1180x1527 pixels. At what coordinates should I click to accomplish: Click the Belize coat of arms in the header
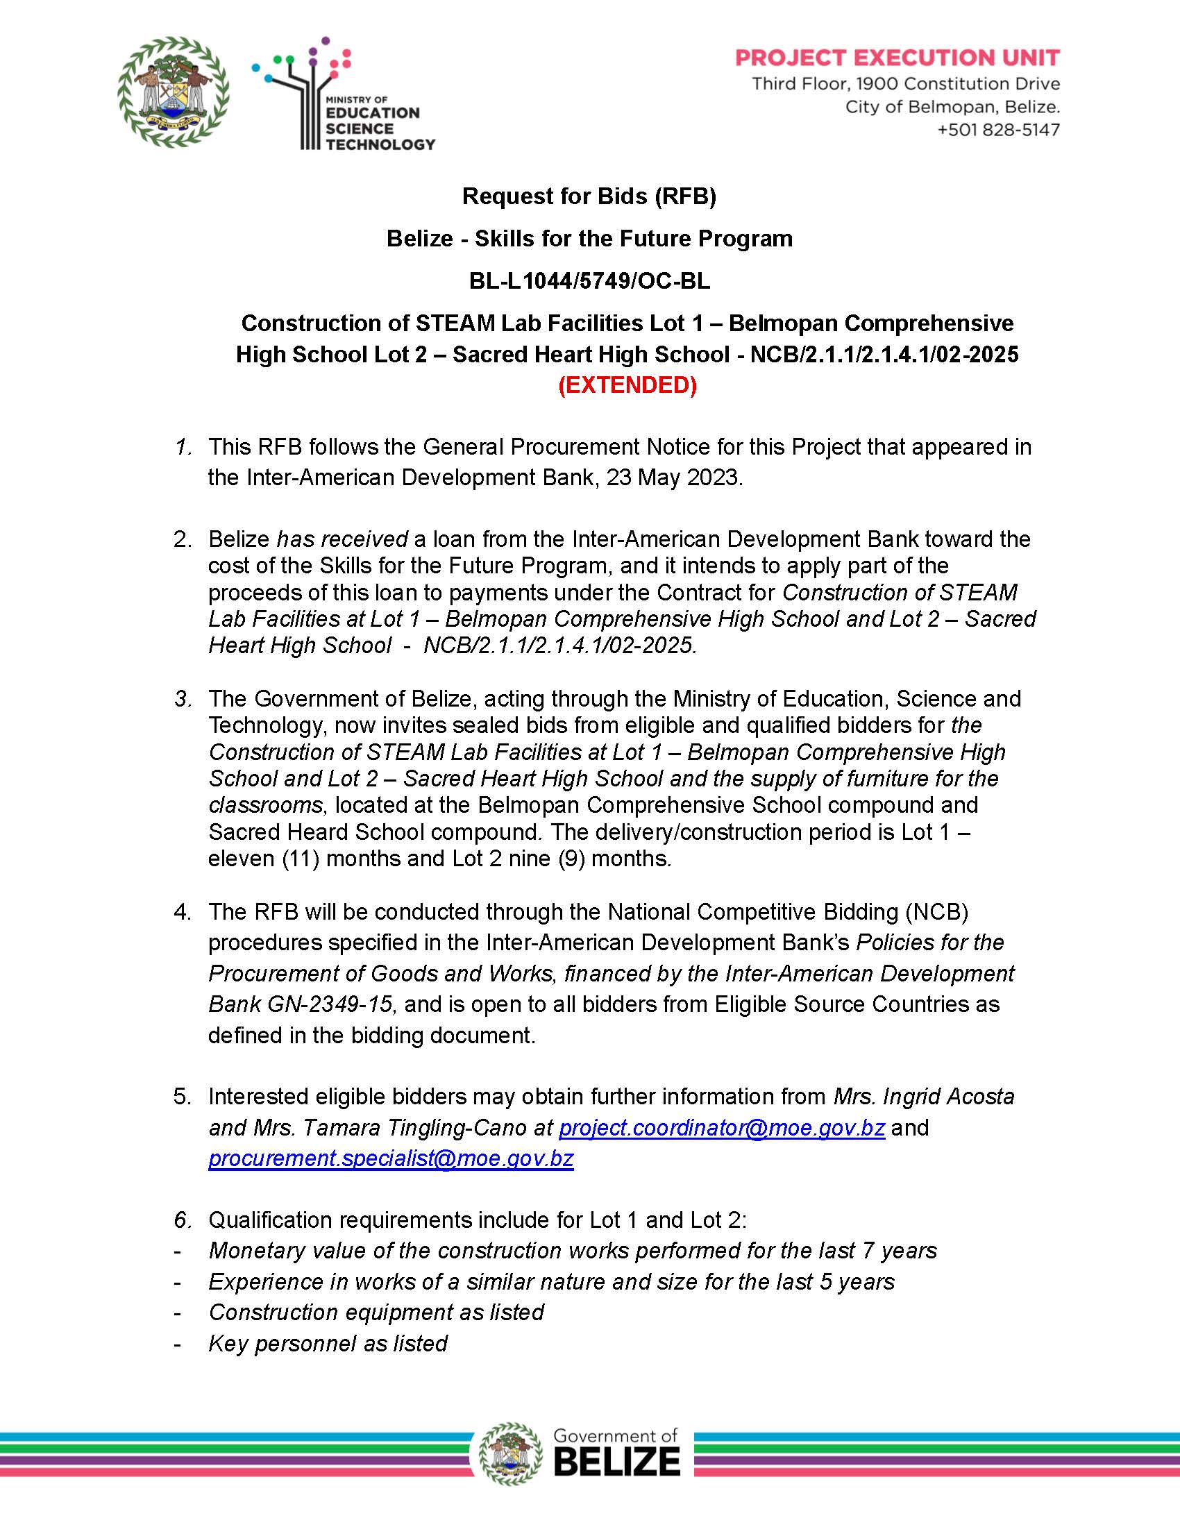pyautogui.click(x=174, y=92)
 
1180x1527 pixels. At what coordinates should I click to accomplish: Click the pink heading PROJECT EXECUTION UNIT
pyautogui.click(x=897, y=58)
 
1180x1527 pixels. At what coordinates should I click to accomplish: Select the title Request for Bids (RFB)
pyautogui.click(x=589, y=196)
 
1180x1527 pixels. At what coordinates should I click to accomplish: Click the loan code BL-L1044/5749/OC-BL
pyautogui.click(x=589, y=281)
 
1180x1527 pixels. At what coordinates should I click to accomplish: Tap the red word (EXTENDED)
pyautogui.click(x=627, y=385)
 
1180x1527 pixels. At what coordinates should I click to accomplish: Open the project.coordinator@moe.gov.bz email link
pyautogui.click(x=721, y=1128)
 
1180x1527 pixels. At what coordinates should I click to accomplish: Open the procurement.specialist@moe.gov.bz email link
pyautogui.click(x=391, y=1158)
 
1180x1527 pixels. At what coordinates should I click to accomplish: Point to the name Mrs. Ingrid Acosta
pyautogui.click(x=923, y=1096)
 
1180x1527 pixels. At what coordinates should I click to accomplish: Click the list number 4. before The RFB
pyautogui.click(x=183, y=913)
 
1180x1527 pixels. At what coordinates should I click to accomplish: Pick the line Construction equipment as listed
pyautogui.click(x=376, y=1313)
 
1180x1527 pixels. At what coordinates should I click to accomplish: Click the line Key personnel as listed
pyautogui.click(x=328, y=1343)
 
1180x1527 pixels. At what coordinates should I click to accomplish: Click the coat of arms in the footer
pyautogui.click(x=511, y=1453)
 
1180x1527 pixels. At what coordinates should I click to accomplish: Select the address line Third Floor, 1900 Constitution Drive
pyautogui.click(x=905, y=84)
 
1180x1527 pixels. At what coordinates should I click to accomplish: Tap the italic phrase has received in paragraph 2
pyautogui.click(x=342, y=539)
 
